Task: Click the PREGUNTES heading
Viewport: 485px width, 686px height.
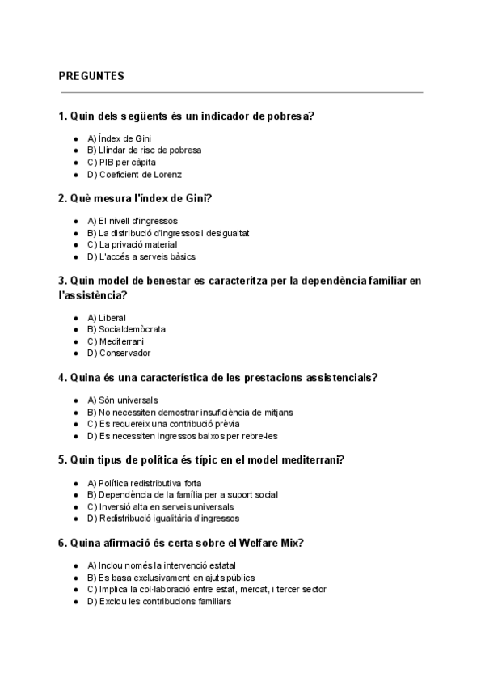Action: [x=91, y=76]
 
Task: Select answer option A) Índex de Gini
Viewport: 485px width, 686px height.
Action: [x=119, y=138]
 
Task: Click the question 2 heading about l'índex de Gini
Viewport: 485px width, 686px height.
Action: [x=140, y=198]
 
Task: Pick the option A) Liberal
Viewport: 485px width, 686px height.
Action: [x=106, y=318]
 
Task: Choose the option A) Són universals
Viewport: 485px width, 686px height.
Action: [x=122, y=400]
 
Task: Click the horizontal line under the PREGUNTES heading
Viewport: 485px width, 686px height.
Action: [x=241, y=93]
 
